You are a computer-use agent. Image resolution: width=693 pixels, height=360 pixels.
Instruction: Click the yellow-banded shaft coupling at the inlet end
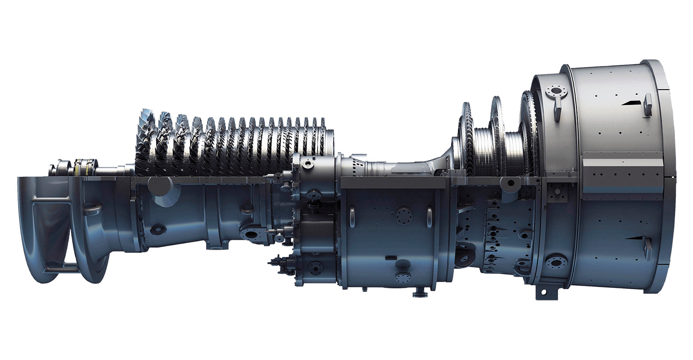pos(83,167)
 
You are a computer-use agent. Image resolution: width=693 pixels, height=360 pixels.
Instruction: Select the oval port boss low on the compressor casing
pos(157,230)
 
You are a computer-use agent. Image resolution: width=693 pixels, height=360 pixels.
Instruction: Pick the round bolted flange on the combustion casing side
pos(404,216)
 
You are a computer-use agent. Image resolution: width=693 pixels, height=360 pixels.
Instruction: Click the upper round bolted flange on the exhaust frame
pos(557,92)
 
